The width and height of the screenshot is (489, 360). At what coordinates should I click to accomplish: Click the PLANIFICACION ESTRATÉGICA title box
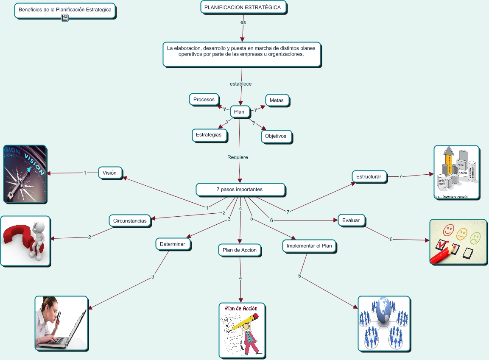tap(243, 8)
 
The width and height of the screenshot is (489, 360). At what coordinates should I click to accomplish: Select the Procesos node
tap(204, 100)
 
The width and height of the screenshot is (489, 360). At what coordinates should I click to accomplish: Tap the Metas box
tap(277, 100)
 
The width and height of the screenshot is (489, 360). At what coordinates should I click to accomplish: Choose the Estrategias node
tap(209, 135)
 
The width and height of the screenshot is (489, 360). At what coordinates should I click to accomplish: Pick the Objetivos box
tap(276, 137)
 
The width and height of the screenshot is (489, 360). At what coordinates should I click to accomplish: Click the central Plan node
tap(239, 112)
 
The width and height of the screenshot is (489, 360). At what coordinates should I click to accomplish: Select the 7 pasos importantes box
tap(240, 190)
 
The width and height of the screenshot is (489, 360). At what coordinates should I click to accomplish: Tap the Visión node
tap(110, 173)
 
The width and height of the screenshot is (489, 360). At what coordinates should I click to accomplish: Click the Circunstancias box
tap(130, 221)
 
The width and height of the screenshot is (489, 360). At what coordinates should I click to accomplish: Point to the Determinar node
tap(173, 244)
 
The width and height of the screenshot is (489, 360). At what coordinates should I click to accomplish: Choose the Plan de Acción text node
tap(240, 250)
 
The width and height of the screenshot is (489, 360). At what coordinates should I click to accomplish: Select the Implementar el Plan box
tap(309, 246)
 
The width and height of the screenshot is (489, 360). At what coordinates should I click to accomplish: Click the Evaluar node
tap(351, 220)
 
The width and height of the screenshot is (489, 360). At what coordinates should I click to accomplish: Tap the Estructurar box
tap(369, 177)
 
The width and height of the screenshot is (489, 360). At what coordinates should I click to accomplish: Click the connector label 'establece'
tap(241, 84)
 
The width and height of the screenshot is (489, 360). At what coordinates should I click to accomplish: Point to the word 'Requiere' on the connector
tap(238, 157)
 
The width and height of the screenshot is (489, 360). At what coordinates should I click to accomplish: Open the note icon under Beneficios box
tap(65, 17)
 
